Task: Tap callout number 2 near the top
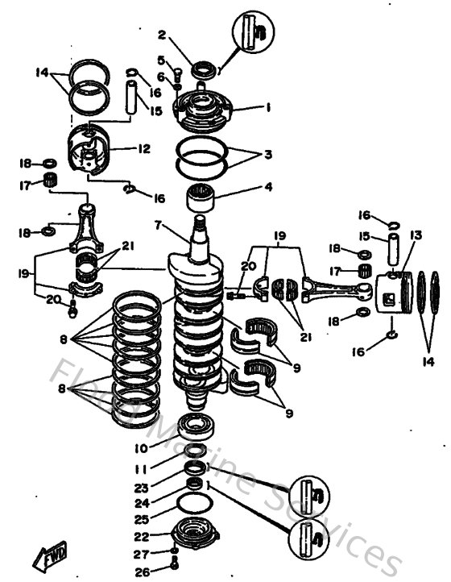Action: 162,35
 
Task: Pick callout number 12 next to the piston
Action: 144,149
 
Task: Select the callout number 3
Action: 269,153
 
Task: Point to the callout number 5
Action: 161,60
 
